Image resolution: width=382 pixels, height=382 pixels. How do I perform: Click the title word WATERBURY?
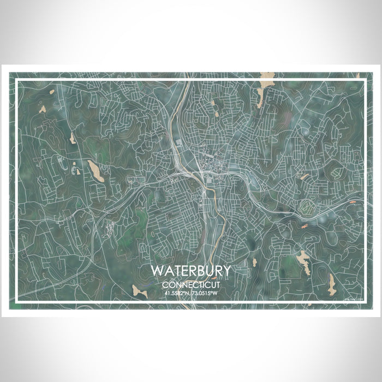click(x=190, y=271)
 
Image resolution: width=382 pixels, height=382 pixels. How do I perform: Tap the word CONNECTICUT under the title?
click(x=190, y=285)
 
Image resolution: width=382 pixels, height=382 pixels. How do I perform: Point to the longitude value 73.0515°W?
click(x=206, y=294)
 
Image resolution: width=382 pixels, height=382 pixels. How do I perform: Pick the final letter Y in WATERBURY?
click(x=226, y=271)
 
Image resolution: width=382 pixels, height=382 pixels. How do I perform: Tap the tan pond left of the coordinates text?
click(x=140, y=291)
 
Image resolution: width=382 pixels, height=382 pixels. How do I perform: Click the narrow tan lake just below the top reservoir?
click(x=261, y=97)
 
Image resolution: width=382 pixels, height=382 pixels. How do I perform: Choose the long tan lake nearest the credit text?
click(x=331, y=282)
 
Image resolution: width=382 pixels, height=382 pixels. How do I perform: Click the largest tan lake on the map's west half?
click(x=95, y=172)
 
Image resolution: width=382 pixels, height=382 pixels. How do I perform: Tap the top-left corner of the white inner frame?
click(x=17, y=80)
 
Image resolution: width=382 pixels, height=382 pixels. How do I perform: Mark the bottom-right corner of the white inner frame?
click(x=365, y=302)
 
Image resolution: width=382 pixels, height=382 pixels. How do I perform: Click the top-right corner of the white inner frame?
click(x=365, y=80)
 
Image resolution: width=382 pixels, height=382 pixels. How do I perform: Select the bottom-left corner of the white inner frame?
click(x=17, y=302)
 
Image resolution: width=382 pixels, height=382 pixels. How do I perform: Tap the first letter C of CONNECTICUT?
click(x=164, y=285)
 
